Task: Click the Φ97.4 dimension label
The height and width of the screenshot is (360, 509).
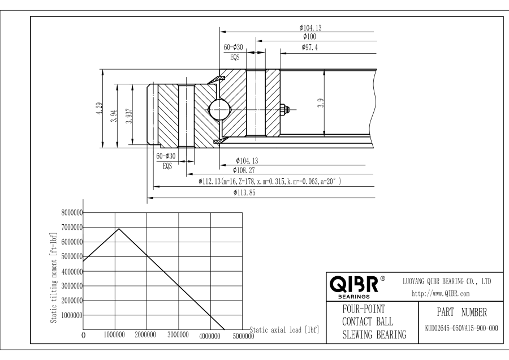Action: tap(310, 48)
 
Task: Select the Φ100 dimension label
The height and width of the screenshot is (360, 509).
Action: tap(310, 37)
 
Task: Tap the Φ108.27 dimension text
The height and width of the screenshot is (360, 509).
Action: tap(244, 170)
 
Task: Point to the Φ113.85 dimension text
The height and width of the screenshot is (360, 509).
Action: tap(244, 192)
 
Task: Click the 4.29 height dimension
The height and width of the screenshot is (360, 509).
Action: tap(99, 108)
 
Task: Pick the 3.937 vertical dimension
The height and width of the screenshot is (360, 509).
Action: tap(129, 116)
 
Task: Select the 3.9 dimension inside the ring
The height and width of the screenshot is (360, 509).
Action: tap(321, 103)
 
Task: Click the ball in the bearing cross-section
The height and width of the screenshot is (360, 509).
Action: tap(219, 109)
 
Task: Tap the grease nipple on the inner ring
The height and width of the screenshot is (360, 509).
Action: tap(284, 109)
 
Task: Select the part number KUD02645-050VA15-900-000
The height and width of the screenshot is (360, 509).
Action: tap(461, 328)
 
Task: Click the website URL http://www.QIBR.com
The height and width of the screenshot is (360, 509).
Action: tap(441, 294)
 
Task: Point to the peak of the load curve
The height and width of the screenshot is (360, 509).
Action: tap(119, 229)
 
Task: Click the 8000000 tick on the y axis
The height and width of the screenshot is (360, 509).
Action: tap(72, 213)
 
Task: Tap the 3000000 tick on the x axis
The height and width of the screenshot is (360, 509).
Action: tap(178, 335)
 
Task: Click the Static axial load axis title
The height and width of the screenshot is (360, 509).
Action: tap(284, 330)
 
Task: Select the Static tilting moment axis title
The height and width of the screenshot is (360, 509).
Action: tap(54, 278)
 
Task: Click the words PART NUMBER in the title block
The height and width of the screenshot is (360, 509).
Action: tap(461, 312)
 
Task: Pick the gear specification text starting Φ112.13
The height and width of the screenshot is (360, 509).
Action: tap(270, 181)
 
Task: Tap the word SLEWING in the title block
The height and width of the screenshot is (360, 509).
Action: tap(357, 335)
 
